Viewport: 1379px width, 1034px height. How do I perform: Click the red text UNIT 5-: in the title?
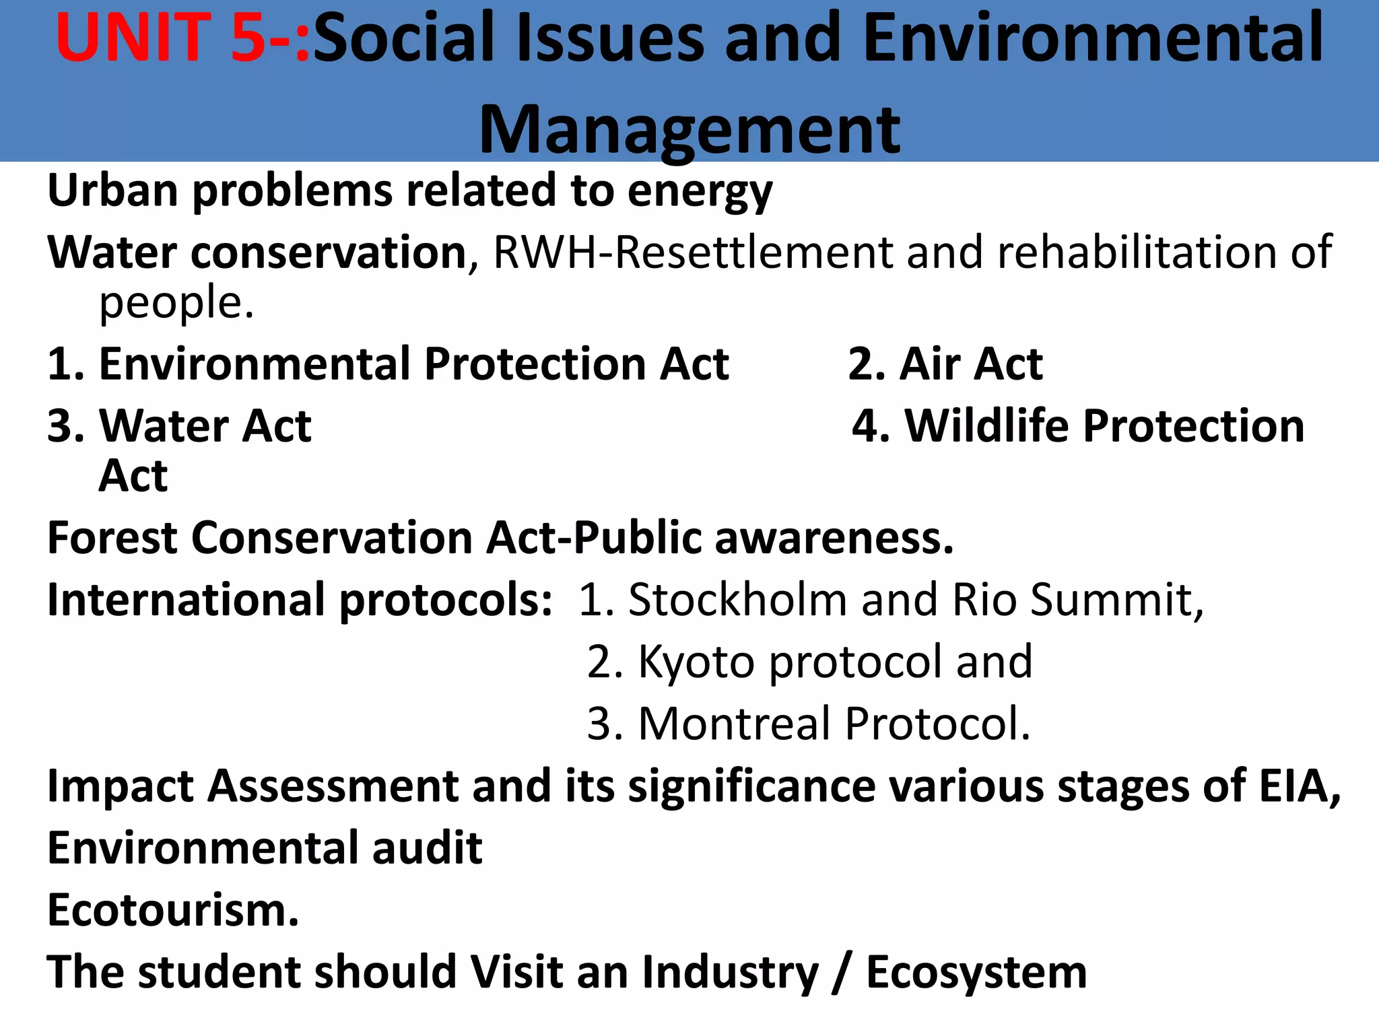pyautogui.click(x=182, y=39)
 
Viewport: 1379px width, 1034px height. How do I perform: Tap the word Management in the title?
pyautogui.click(x=689, y=129)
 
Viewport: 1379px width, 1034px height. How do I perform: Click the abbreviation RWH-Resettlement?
pyautogui.click(x=693, y=252)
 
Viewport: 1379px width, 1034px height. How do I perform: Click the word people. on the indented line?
pyautogui.click(x=176, y=303)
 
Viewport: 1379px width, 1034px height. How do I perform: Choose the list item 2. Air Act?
pyautogui.click(x=945, y=364)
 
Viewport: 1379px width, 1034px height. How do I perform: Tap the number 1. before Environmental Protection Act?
pyautogui.click(x=66, y=364)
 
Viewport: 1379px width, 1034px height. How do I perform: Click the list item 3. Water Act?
pyautogui.click(x=179, y=426)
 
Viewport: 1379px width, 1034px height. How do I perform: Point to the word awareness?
pyautogui.click(x=834, y=538)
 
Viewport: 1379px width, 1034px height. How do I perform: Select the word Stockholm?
pyautogui.click(x=737, y=599)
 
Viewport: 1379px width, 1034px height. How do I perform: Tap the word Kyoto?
pyautogui.click(x=696, y=662)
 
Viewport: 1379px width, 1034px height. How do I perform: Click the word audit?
pyautogui.click(x=427, y=848)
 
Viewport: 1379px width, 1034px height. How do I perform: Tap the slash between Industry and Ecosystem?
pyautogui.click(x=841, y=972)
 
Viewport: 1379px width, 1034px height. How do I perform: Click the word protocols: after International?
pyautogui.click(x=445, y=599)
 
